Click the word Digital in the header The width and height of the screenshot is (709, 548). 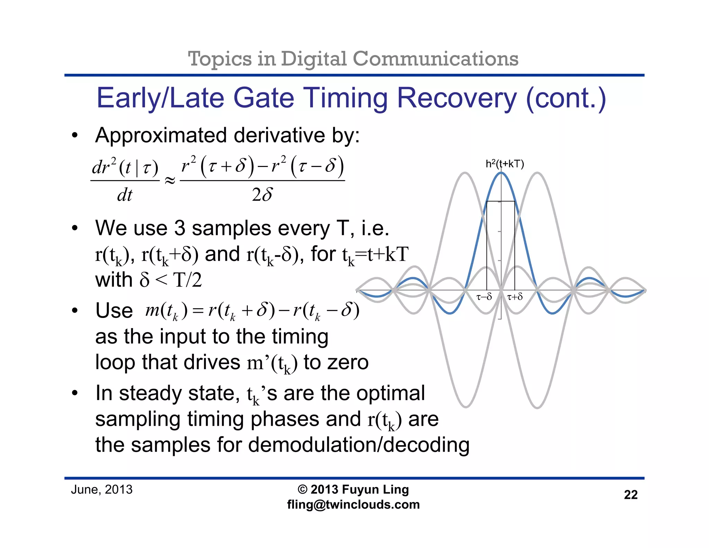point(313,59)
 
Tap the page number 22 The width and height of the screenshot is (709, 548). point(630,495)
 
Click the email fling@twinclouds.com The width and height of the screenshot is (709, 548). point(353,505)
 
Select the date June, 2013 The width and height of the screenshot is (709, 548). point(102,490)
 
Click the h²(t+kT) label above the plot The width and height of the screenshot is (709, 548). point(504,164)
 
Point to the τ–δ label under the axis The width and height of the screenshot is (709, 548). point(484,297)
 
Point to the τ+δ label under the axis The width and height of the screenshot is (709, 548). point(515,297)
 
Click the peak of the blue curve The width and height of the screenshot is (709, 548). point(501,173)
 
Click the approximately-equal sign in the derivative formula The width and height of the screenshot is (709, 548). point(170,180)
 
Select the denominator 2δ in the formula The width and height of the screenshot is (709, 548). point(262,195)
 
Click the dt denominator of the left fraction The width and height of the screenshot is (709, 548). point(125,195)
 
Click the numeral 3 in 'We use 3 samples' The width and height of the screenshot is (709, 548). point(180,228)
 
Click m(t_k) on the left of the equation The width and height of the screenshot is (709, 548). point(166,310)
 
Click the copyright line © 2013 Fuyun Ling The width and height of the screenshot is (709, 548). point(353,489)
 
